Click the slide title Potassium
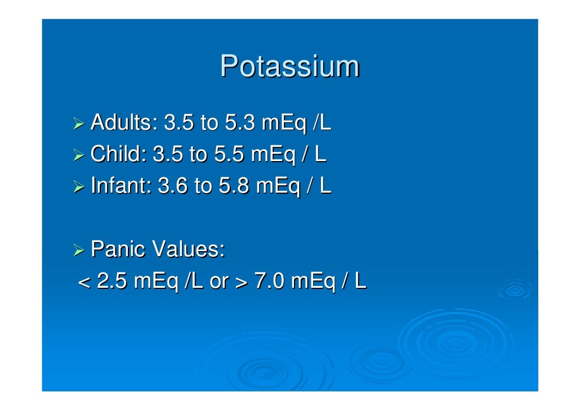289,66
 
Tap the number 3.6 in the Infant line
173,186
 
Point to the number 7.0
270,281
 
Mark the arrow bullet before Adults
81,123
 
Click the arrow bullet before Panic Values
81,250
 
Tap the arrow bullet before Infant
81,187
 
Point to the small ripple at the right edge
515,290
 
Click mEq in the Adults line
285,123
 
